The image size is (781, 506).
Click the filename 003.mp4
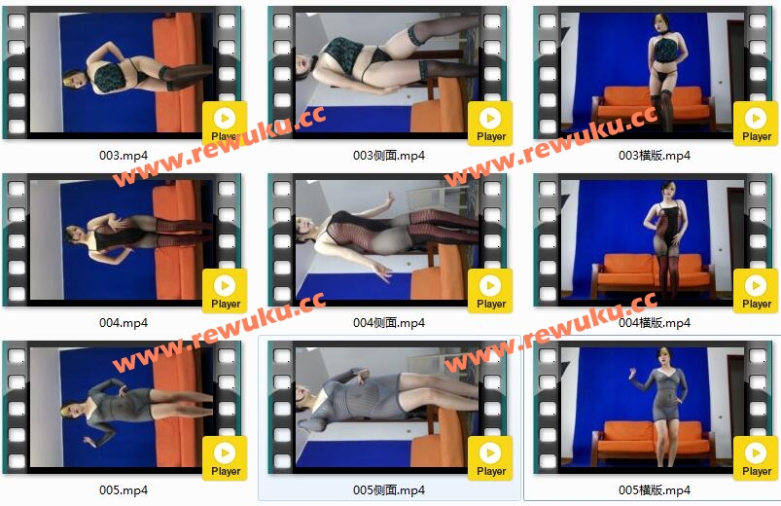click(x=123, y=156)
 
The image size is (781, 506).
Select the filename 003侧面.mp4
click(x=388, y=156)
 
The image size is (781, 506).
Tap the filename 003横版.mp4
click(x=654, y=156)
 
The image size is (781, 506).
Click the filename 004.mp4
click(x=123, y=323)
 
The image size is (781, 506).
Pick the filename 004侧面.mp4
click(x=388, y=323)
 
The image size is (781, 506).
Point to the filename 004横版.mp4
click(x=654, y=323)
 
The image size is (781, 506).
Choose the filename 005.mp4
click(x=123, y=490)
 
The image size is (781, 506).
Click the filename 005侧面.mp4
click(x=388, y=490)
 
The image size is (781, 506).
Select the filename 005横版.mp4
click(x=654, y=490)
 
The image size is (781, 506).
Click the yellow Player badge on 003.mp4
click(x=225, y=124)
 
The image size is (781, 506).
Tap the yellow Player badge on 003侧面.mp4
click(x=490, y=124)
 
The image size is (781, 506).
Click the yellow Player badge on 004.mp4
click(x=225, y=291)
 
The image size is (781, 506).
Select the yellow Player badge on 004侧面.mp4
click(x=490, y=291)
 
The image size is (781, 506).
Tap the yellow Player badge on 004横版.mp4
click(x=756, y=291)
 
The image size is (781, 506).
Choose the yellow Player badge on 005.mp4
click(x=225, y=458)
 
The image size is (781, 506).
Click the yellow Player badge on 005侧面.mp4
click(x=490, y=458)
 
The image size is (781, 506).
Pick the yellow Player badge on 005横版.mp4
click(x=756, y=458)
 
